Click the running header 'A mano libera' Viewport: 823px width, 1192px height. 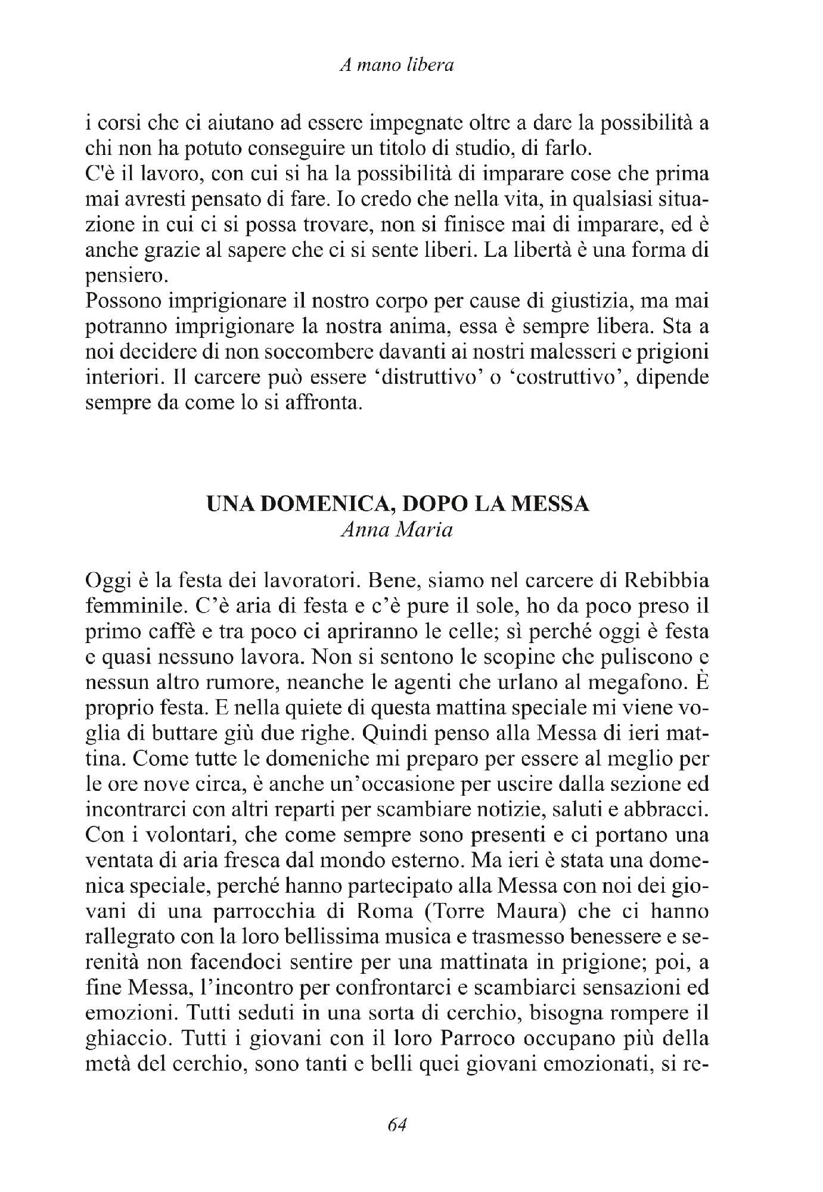click(x=397, y=65)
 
